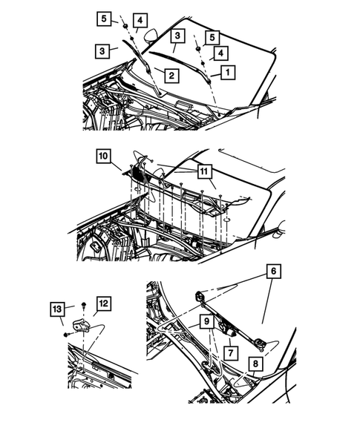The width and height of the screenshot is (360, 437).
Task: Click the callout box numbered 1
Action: point(228,73)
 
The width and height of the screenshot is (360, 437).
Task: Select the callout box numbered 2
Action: point(171,75)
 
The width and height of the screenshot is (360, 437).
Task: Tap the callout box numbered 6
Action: point(274,271)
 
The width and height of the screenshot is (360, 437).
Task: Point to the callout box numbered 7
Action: point(231,353)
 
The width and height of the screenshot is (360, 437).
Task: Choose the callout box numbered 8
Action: point(255,364)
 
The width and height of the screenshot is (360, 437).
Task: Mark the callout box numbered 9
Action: point(206,321)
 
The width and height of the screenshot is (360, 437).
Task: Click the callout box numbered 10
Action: point(103,156)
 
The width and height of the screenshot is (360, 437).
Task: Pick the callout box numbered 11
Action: point(204,171)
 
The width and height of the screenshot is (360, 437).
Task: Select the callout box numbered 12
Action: point(103,303)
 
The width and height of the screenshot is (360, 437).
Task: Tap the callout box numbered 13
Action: point(57,309)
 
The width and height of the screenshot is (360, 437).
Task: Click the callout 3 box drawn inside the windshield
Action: point(177,36)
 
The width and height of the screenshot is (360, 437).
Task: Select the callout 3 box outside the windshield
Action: point(102,51)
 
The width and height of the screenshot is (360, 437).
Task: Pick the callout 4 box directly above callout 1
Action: point(221,53)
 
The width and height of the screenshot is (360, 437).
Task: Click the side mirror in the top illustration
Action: point(151,36)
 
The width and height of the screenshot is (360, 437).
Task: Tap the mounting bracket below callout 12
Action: point(81,326)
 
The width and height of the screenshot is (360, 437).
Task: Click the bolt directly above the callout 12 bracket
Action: point(83,305)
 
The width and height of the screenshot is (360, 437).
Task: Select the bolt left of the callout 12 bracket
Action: point(67,335)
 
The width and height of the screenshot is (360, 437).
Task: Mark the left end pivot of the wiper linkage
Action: point(200,297)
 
